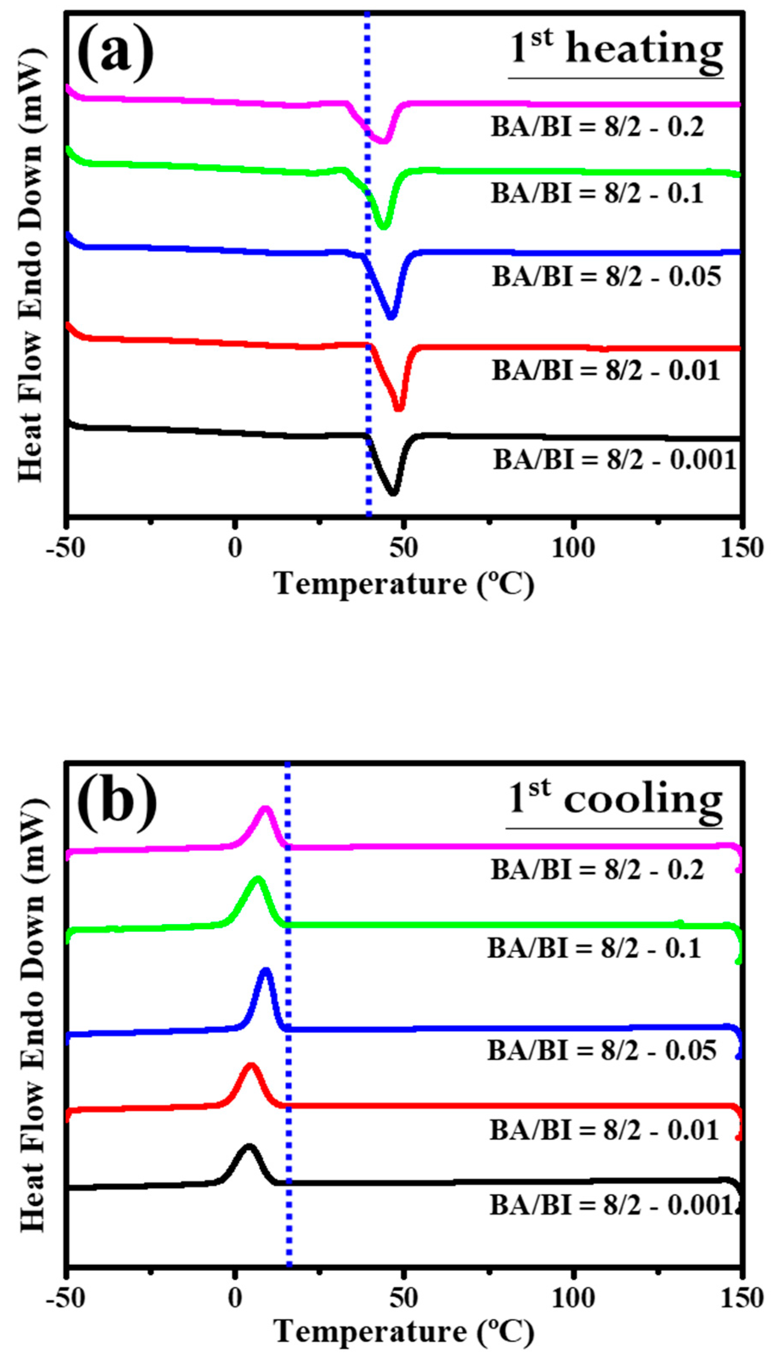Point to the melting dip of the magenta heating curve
click(x=383, y=140)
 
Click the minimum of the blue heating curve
click(x=391, y=317)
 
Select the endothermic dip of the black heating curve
click(x=393, y=493)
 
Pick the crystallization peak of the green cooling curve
click(x=258, y=879)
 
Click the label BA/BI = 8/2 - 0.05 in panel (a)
click(x=607, y=277)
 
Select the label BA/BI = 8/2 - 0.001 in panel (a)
click(x=615, y=460)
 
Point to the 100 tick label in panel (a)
click(x=573, y=548)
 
